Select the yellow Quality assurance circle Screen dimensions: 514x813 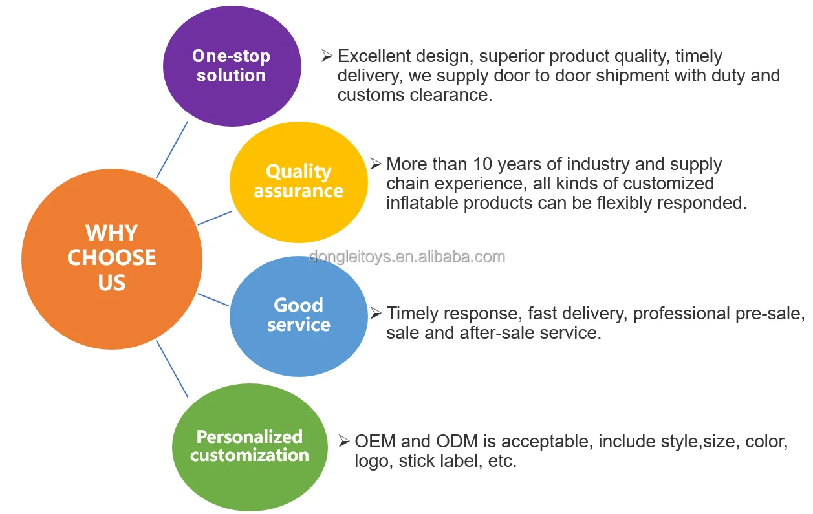coord(298,182)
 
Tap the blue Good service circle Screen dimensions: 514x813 coord(298,315)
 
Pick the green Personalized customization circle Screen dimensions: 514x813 coord(249,446)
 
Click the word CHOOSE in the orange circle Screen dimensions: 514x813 coord(112,257)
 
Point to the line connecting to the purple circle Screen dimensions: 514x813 coord(172,150)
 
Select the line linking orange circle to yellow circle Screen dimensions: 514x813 coord(215,217)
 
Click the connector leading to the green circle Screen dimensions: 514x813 coord(172,369)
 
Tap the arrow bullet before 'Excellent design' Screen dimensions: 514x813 coord(327,56)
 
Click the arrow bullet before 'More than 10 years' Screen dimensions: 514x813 coord(376,164)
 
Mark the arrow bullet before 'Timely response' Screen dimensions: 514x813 coord(376,314)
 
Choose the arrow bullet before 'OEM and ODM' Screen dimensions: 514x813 coord(344,442)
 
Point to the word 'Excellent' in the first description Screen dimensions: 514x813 coord(376,57)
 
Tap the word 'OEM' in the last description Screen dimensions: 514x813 coord(375,442)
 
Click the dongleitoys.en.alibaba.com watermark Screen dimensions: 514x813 coord(407,257)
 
